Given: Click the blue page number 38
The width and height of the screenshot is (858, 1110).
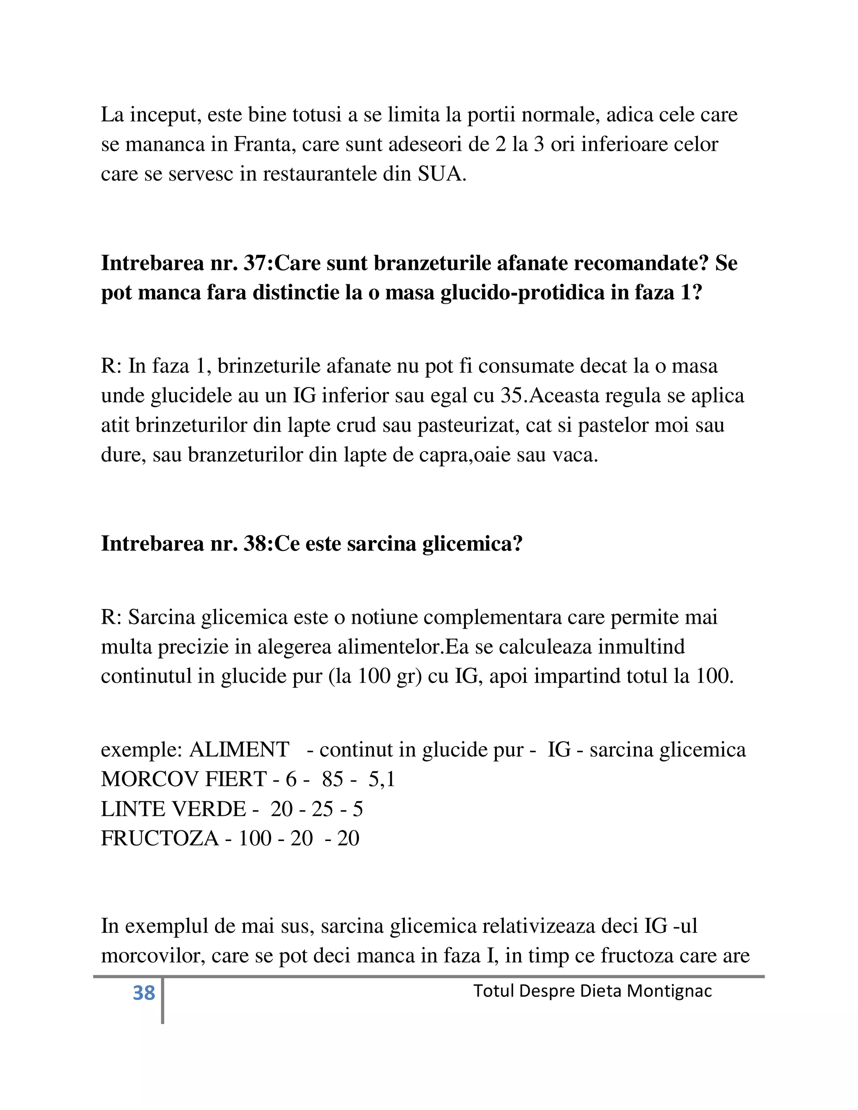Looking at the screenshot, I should coord(143,993).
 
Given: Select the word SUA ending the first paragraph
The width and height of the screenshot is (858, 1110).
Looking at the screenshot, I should coord(440,174).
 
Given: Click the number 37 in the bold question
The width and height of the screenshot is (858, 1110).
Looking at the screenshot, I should coord(258,263).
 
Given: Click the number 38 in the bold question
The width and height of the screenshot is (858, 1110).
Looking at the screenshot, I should coord(258,544).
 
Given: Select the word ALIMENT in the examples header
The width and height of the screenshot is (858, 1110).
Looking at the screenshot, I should coord(239,750).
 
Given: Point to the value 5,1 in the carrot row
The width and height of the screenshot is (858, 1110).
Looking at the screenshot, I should coord(382,779).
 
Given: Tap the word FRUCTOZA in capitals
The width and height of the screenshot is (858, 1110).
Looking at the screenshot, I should coord(160,839).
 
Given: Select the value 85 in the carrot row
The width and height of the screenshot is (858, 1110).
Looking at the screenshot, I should coord(332,779).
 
